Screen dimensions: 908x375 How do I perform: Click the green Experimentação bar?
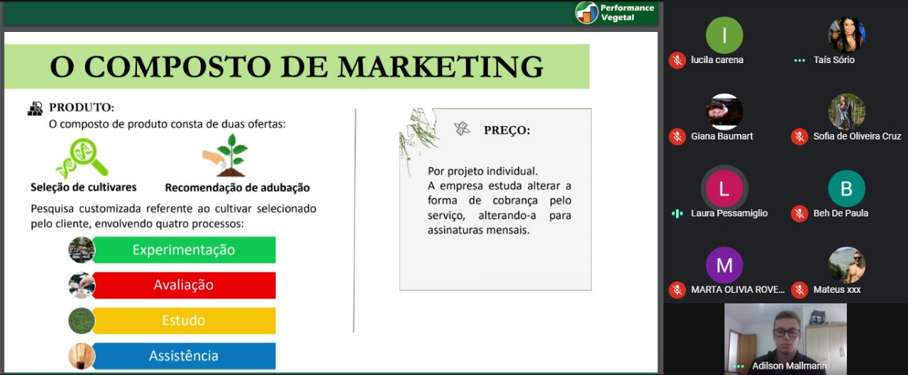tap(184, 250)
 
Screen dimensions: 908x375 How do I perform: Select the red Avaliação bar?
tap(184, 285)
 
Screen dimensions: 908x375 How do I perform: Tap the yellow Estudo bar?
tap(184, 320)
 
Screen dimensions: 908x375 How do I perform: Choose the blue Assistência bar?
tap(184, 356)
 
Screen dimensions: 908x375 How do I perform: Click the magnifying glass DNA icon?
tap(82, 158)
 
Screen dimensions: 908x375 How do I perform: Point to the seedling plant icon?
tap(226, 155)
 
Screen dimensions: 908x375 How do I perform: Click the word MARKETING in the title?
tap(441, 67)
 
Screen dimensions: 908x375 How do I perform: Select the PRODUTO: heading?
tap(82, 107)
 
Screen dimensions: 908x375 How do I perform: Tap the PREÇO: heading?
tap(506, 130)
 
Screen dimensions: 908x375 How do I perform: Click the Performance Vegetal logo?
tap(614, 13)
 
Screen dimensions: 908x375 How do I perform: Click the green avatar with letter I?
tap(724, 35)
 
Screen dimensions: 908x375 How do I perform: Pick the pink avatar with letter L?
tap(724, 189)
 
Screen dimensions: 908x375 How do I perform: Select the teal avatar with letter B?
tap(846, 189)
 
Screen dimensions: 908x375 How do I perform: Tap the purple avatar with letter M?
tap(724, 265)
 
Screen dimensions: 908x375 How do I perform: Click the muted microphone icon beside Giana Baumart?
tap(677, 137)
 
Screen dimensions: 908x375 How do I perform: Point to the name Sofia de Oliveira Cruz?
tap(857, 136)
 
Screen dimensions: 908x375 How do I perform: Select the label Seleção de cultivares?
tap(84, 187)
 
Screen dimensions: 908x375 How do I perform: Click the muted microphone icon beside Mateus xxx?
tap(799, 290)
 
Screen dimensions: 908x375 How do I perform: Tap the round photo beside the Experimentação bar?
tap(82, 250)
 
